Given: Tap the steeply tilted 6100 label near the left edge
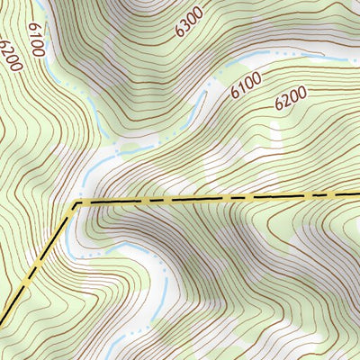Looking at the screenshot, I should click(36, 40).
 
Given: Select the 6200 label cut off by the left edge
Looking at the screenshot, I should click(11, 56).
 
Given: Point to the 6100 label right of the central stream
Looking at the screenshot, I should click(246, 85).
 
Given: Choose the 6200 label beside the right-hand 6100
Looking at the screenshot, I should click(292, 97).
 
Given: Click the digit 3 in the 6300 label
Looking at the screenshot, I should click(186, 24).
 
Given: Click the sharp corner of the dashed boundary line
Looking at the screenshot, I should click(76, 203).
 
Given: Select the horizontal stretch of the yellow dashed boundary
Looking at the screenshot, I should click(216, 198).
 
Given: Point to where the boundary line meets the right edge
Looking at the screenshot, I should click(358, 193).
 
